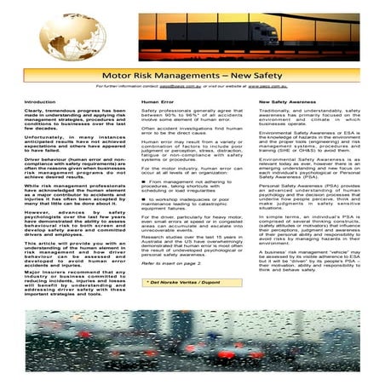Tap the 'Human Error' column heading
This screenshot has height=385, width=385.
(x=157, y=101)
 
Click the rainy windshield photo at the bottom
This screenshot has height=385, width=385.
(x=192, y=341)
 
